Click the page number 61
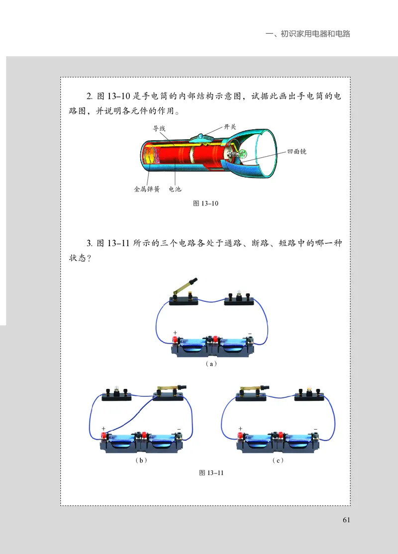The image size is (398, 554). point(347,520)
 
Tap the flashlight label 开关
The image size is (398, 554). point(229,127)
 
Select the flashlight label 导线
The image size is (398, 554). point(159,128)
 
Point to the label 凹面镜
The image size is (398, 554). point(297,151)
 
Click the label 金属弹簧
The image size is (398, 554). point(146,189)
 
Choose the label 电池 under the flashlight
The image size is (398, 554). point(175,189)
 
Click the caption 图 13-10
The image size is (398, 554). point(205,203)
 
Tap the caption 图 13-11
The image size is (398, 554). point(211,472)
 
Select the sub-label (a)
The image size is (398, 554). point(211,364)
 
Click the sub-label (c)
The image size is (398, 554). point(278,461)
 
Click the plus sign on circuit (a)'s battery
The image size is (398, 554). point(175,332)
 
